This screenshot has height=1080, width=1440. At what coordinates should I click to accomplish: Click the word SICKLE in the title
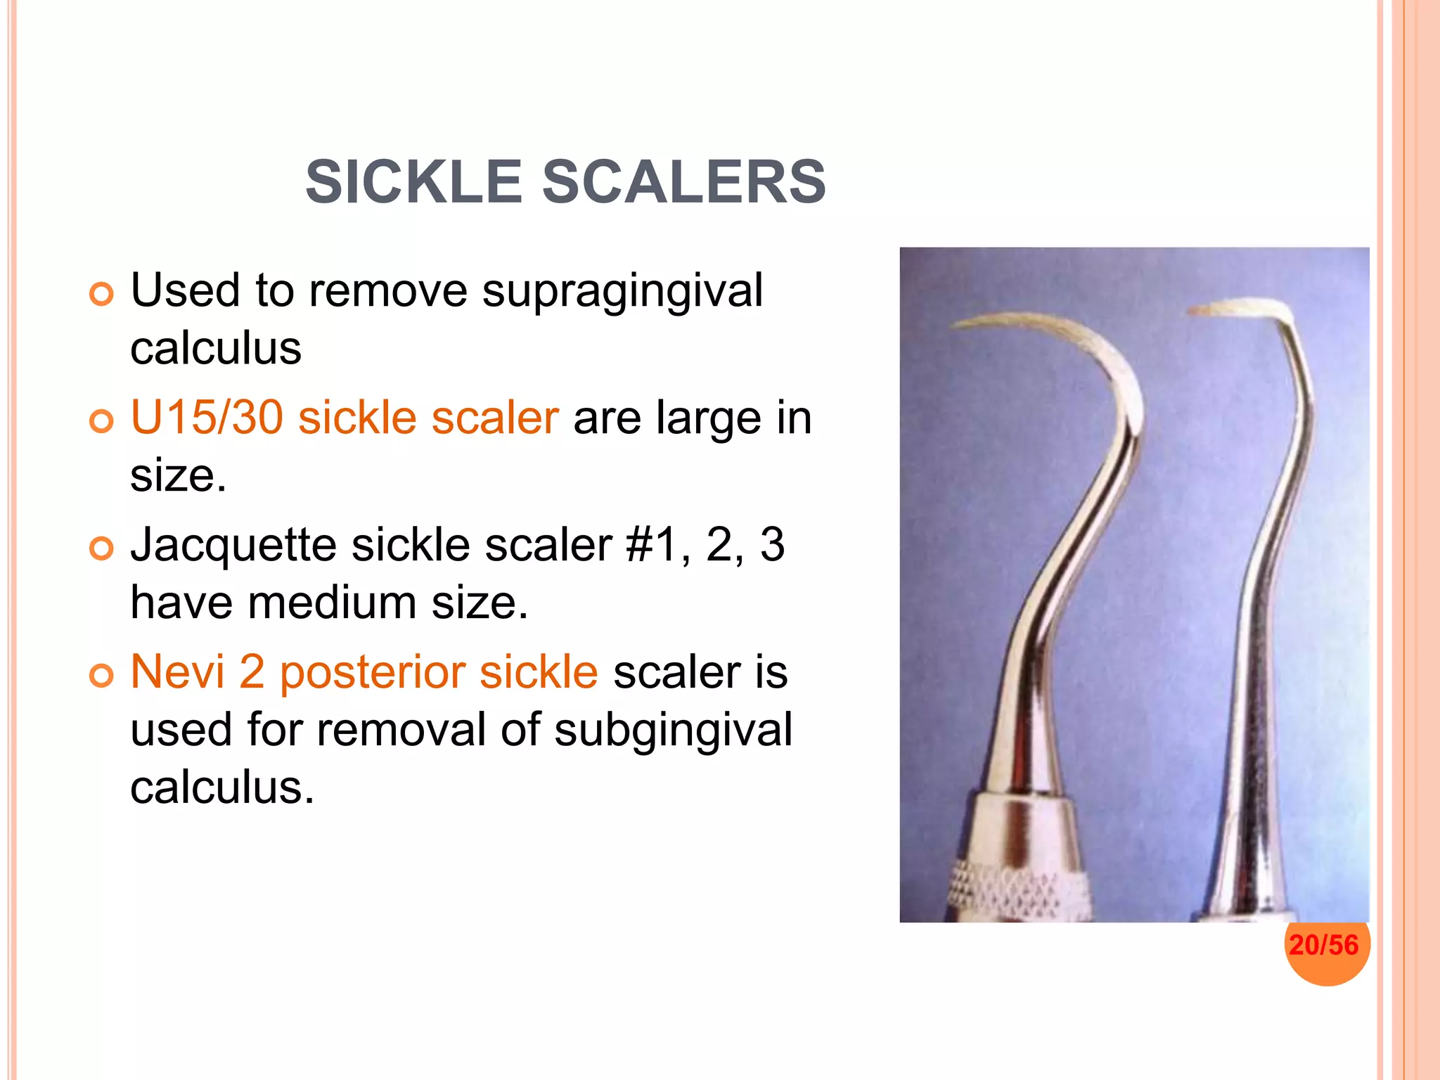click(413, 182)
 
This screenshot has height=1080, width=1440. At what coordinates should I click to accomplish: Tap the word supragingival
click(622, 291)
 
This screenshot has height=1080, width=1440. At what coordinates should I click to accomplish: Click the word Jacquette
click(233, 545)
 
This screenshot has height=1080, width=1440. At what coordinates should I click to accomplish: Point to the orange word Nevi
click(177, 671)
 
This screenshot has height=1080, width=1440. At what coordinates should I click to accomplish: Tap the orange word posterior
click(372, 672)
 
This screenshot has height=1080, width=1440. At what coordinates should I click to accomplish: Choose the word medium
click(332, 603)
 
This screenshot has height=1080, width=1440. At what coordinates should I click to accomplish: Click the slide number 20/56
click(1324, 944)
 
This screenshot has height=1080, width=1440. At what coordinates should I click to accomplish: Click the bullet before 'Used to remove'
click(101, 295)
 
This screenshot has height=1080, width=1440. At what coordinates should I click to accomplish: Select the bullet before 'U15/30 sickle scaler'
click(101, 422)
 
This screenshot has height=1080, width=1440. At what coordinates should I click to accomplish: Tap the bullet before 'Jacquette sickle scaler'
click(101, 548)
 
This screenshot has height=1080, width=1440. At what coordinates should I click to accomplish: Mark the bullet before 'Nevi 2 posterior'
click(101, 676)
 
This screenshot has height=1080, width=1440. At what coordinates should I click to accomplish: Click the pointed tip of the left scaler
click(955, 326)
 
